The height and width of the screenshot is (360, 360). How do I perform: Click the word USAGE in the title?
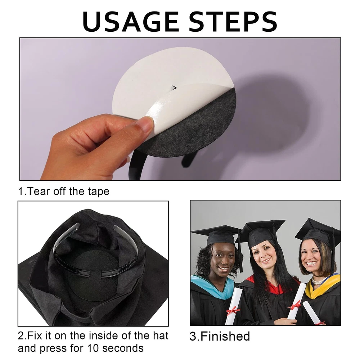tap(130, 22)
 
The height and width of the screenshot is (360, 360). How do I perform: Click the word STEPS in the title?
tap(233, 22)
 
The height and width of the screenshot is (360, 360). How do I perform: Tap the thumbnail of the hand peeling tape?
tap(180, 109)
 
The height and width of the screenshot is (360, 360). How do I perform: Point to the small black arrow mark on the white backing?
tap(175, 88)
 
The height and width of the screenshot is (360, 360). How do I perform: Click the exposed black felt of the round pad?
tap(195, 129)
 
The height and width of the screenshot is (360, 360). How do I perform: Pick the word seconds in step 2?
tap(123, 348)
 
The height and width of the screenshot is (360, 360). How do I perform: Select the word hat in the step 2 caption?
tap(161, 336)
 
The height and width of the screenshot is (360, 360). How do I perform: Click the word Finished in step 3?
tap(225, 336)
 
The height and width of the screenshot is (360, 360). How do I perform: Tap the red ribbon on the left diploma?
tap(233, 310)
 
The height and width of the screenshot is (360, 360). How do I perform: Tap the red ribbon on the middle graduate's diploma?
tap(294, 305)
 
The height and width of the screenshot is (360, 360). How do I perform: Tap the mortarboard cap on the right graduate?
tap(318, 232)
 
